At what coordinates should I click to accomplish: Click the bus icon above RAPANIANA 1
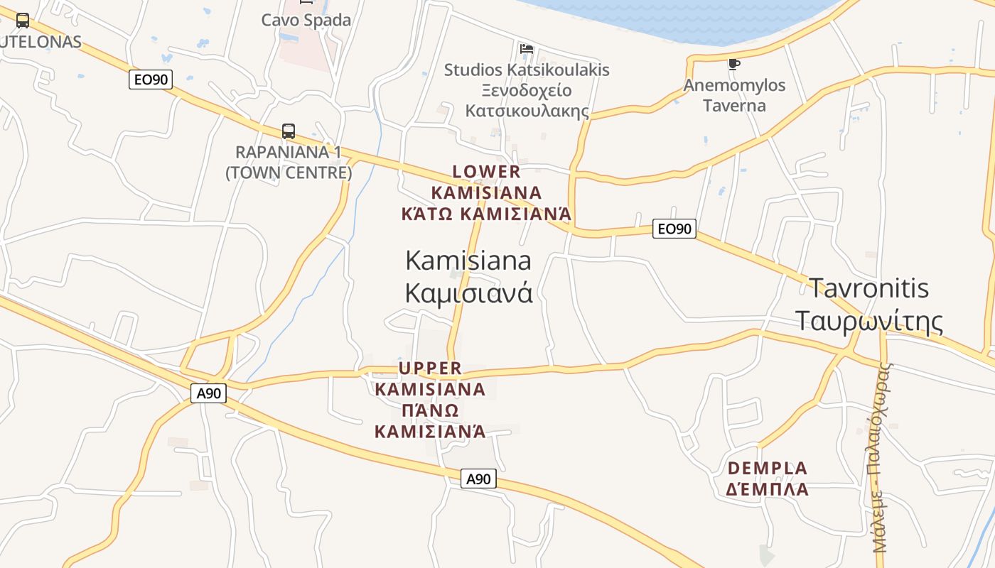tap(288, 131)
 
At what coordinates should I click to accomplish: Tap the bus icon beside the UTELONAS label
tap(23, 21)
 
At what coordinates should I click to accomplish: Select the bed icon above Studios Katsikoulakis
tap(527, 48)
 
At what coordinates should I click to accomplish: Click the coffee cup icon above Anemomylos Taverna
tap(734, 65)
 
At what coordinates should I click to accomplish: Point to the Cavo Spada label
tap(306, 20)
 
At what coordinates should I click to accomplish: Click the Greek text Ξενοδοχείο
tap(527, 91)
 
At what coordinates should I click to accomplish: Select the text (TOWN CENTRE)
tap(289, 173)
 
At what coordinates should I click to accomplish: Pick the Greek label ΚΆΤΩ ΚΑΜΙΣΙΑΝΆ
tap(487, 214)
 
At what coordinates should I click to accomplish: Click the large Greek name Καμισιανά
tap(469, 293)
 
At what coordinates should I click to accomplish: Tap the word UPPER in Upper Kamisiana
tap(431, 368)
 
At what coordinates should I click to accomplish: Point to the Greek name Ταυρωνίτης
tap(868, 321)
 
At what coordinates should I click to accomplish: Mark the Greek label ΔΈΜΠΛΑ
tap(768, 489)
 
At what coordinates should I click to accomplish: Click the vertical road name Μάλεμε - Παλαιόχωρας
tap(881, 458)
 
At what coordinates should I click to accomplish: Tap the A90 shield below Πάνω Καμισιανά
tap(478, 479)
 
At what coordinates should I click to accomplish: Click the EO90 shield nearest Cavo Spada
tap(151, 80)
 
